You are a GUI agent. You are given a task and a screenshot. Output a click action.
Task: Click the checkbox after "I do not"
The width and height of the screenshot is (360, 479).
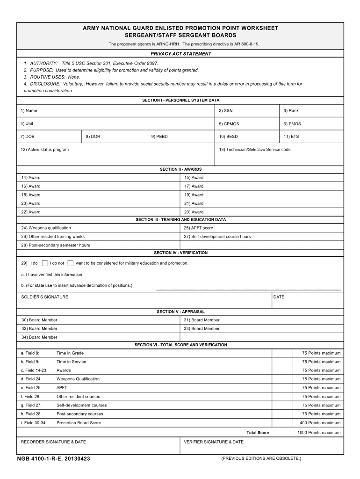70,263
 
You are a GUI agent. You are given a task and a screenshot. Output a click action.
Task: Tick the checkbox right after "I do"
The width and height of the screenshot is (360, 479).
45,263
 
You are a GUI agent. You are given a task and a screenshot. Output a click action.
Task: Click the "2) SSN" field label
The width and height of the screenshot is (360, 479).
225,111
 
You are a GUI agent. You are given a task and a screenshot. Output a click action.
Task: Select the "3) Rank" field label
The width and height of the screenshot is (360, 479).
291,111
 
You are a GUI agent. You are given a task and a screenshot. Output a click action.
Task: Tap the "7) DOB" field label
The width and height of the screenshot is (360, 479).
28,137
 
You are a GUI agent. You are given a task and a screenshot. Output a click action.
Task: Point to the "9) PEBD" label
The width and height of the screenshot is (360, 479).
159,137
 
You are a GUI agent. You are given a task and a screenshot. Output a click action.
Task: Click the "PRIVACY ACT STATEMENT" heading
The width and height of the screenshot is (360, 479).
180,54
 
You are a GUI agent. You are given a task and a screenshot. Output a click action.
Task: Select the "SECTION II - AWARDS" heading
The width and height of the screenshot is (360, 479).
180,169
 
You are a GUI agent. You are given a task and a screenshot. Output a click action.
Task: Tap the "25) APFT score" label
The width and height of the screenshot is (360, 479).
199,228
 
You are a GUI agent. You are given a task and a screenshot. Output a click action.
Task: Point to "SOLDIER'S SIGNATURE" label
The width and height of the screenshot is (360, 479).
45,297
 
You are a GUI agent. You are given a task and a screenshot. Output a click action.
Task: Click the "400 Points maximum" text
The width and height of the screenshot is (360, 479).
320,423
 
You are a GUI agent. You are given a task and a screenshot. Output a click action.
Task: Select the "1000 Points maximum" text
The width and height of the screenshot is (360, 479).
319,433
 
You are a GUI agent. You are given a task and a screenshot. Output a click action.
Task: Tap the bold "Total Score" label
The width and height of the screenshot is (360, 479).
258,433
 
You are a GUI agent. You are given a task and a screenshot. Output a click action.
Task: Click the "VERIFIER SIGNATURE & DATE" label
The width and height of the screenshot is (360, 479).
214,442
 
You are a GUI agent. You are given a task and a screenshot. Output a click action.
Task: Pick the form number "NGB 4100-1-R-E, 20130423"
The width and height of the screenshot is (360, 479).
53,459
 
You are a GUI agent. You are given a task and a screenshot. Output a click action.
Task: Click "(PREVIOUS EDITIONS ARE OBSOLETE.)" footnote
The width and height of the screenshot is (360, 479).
261,458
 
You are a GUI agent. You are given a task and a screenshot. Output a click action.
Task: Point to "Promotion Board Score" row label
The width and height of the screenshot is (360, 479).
79,423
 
